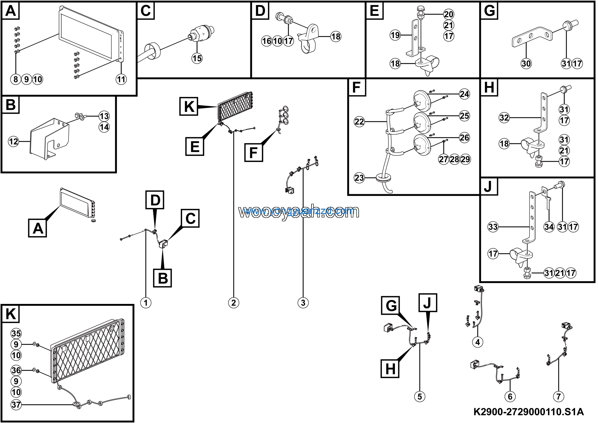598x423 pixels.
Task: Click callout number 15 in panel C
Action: click(x=197, y=58)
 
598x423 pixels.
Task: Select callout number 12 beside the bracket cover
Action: click(x=14, y=142)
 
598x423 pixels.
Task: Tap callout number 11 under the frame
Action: click(x=121, y=79)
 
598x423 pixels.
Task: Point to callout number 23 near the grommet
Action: click(x=360, y=178)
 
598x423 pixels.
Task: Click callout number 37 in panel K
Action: click(x=16, y=405)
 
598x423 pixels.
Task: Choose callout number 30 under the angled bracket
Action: click(x=526, y=63)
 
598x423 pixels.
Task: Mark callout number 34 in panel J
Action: click(x=549, y=227)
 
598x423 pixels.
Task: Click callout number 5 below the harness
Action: click(x=420, y=396)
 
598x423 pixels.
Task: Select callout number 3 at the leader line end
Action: click(x=303, y=303)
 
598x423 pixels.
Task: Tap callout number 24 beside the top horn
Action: click(x=464, y=94)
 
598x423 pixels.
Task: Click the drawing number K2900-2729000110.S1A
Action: click(x=528, y=412)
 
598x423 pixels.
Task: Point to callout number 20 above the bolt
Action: click(x=448, y=14)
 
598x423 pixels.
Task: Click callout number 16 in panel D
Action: click(x=267, y=41)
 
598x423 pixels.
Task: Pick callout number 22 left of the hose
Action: click(x=360, y=121)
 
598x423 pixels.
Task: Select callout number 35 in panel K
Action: click(x=16, y=333)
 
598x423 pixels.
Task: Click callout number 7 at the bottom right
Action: click(x=559, y=396)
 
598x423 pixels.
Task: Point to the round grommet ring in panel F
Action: click(x=384, y=179)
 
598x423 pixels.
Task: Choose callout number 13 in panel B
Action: click(x=104, y=116)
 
